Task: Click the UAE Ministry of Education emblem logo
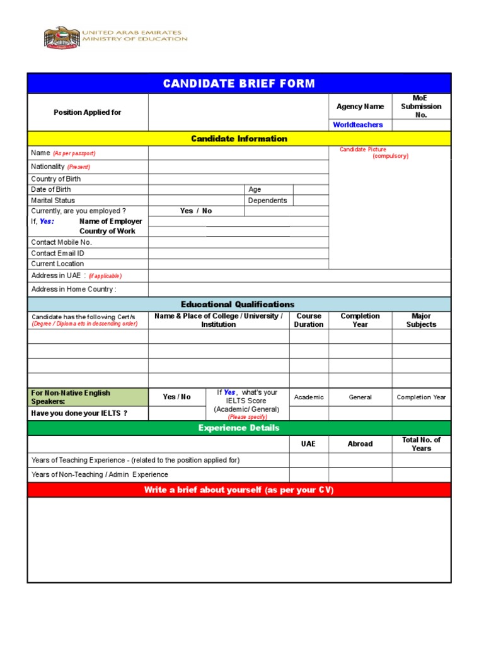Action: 62,37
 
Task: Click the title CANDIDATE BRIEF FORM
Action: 239,84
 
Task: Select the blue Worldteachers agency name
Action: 358,125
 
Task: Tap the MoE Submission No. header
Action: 421,107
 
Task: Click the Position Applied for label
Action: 88,112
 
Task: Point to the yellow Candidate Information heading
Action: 239,139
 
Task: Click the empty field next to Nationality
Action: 238,167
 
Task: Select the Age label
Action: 255,189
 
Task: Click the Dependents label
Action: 267,201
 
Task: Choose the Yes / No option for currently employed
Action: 196,211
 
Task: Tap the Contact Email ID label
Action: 58,253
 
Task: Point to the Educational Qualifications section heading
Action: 238,304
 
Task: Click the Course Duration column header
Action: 309,320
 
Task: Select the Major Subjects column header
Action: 421,320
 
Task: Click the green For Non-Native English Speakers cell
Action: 88,397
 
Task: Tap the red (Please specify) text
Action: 248,417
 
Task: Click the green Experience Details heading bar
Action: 239,428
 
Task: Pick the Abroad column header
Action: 360,444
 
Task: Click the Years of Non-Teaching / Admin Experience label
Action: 100,474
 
